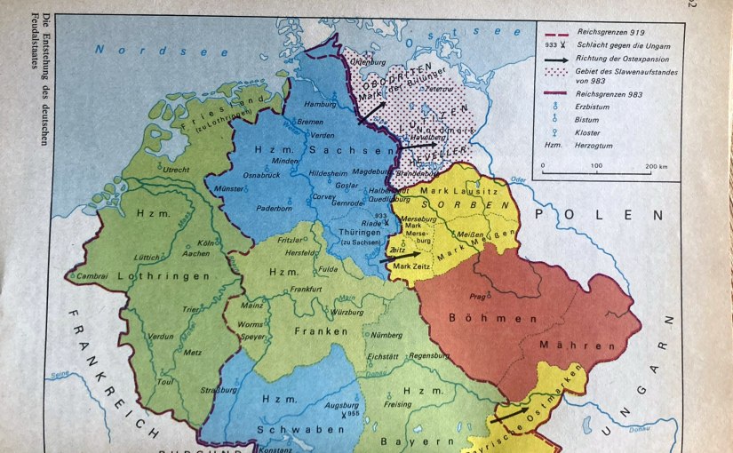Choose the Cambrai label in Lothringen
(x=92, y=276)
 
